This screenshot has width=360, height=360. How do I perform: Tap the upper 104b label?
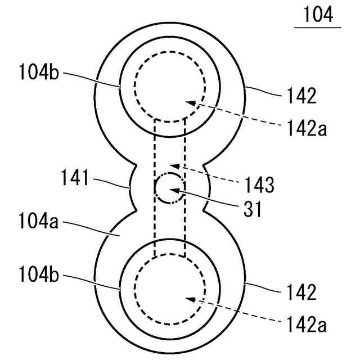click(x=38, y=74)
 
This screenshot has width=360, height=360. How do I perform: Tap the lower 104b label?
click(x=38, y=277)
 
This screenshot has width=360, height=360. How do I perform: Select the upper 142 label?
click(x=301, y=96)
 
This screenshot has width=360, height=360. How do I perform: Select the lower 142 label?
click(x=301, y=292)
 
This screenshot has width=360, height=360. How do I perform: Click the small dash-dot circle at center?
click(x=169, y=188)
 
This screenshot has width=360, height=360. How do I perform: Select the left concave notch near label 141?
click(x=133, y=188)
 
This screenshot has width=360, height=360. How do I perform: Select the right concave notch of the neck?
click(x=206, y=188)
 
